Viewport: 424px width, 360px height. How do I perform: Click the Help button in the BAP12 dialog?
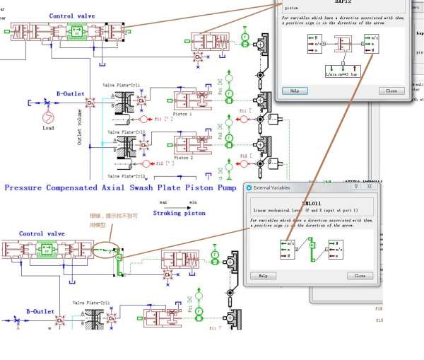click(295, 91)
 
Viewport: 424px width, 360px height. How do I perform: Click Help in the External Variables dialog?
click(262, 275)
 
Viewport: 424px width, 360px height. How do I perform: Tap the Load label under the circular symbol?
click(48, 129)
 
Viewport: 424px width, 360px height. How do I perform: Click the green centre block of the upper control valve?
click(76, 32)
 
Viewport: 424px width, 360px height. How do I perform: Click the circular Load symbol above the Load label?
click(47, 116)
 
